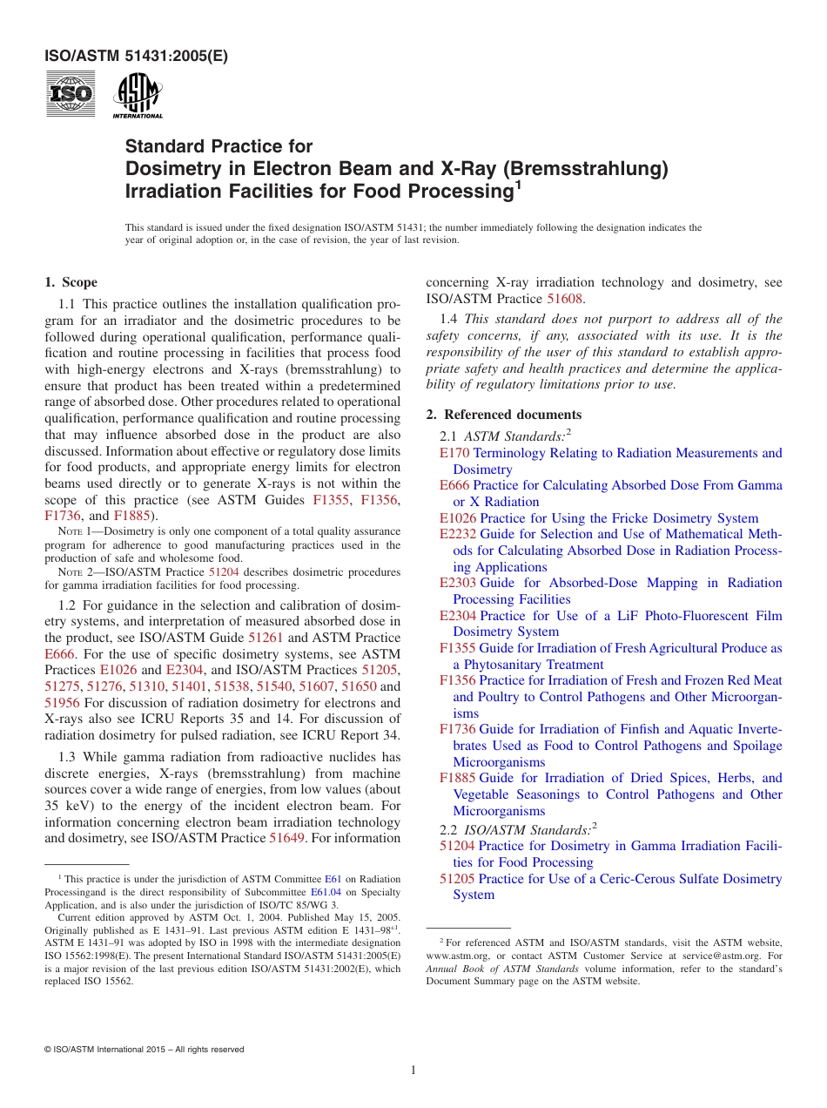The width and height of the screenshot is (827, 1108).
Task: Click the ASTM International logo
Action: point(138,95)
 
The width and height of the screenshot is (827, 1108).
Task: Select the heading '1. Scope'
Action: point(71,282)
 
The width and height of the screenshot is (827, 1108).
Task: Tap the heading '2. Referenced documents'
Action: point(503,415)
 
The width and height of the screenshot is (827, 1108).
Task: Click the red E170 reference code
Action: point(454,453)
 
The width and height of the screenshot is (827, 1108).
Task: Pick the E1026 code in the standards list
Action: point(458,518)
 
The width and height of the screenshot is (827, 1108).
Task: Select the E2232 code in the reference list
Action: point(458,534)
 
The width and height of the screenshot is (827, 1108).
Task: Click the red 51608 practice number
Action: point(564,299)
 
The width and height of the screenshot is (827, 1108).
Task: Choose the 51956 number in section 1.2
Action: point(62,703)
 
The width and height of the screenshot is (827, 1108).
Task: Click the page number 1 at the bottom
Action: point(413,1071)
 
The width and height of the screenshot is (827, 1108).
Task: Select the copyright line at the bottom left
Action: point(144,1050)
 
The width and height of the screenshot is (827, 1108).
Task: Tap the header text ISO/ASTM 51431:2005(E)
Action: point(136,57)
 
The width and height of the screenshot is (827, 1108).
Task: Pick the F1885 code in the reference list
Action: point(458,778)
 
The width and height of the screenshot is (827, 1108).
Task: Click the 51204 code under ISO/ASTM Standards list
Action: point(457,846)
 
